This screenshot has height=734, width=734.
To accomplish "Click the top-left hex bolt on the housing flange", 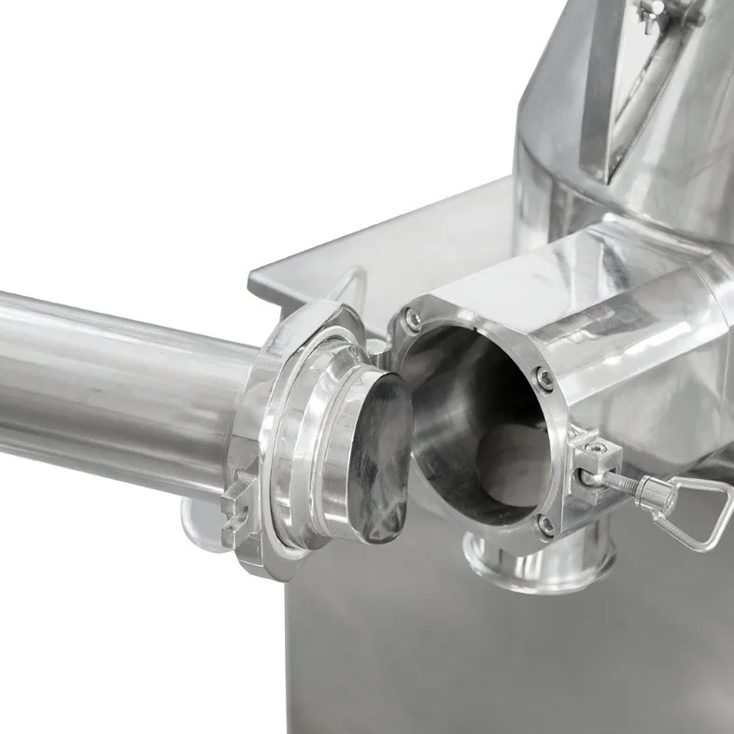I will pos(412,321).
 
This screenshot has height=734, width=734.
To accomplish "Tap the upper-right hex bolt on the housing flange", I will pos(543,379).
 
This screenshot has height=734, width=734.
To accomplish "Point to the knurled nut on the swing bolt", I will pos(642,490).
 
